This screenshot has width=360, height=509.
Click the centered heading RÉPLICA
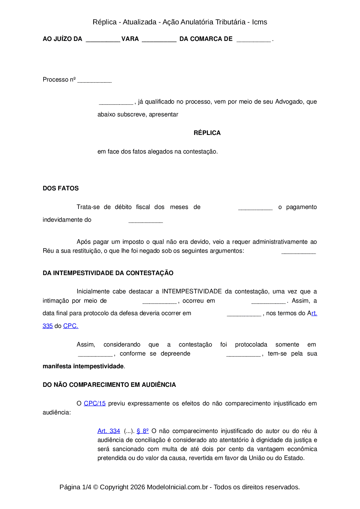click(x=207, y=133)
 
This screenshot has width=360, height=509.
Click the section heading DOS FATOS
click(x=61, y=188)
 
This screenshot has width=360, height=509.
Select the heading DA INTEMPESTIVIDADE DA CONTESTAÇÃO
click(x=108, y=273)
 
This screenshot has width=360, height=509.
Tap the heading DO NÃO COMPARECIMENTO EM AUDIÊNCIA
click(x=109, y=385)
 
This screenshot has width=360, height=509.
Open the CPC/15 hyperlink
click(x=95, y=403)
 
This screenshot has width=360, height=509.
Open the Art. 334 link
click(x=109, y=431)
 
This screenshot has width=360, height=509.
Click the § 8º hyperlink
click(x=143, y=431)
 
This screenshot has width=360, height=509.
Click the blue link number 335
click(x=48, y=326)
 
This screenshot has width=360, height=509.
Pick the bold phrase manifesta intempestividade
click(x=83, y=366)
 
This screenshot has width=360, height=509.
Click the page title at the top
click(x=180, y=22)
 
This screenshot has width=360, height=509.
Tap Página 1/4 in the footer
click(x=75, y=487)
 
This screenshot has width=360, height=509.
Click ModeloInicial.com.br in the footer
click(x=177, y=487)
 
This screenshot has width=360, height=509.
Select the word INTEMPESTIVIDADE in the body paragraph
click(x=192, y=291)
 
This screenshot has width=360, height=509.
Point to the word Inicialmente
click(x=93, y=291)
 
